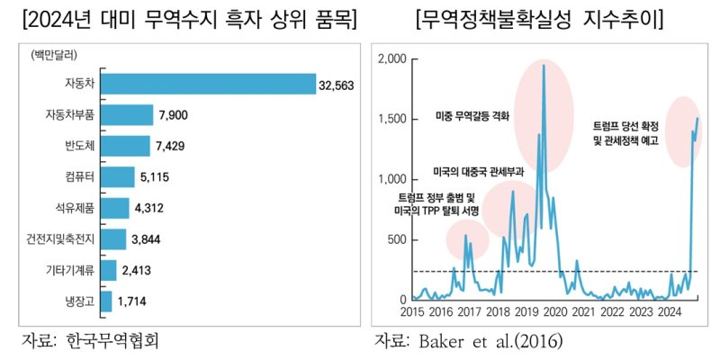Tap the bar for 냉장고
(106, 301)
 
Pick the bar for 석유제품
(115, 208)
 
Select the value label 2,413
(141, 270)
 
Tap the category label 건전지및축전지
(62, 239)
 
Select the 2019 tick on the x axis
(526, 312)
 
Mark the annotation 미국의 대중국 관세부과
(477, 169)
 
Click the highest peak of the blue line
(543, 66)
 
